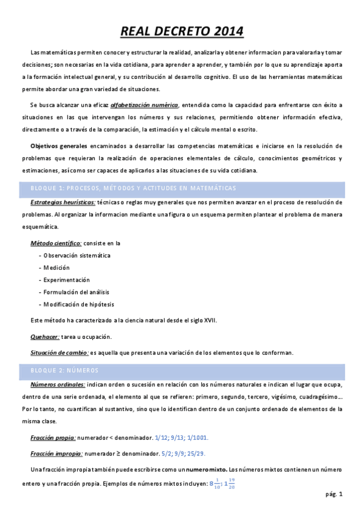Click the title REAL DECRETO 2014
click(x=182, y=31)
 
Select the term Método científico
click(x=56, y=243)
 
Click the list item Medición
click(x=57, y=267)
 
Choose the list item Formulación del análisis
click(x=75, y=292)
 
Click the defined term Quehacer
click(x=45, y=336)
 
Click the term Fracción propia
click(x=53, y=437)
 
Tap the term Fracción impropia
click(x=57, y=453)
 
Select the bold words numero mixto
click(x=207, y=469)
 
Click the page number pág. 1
click(x=334, y=494)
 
